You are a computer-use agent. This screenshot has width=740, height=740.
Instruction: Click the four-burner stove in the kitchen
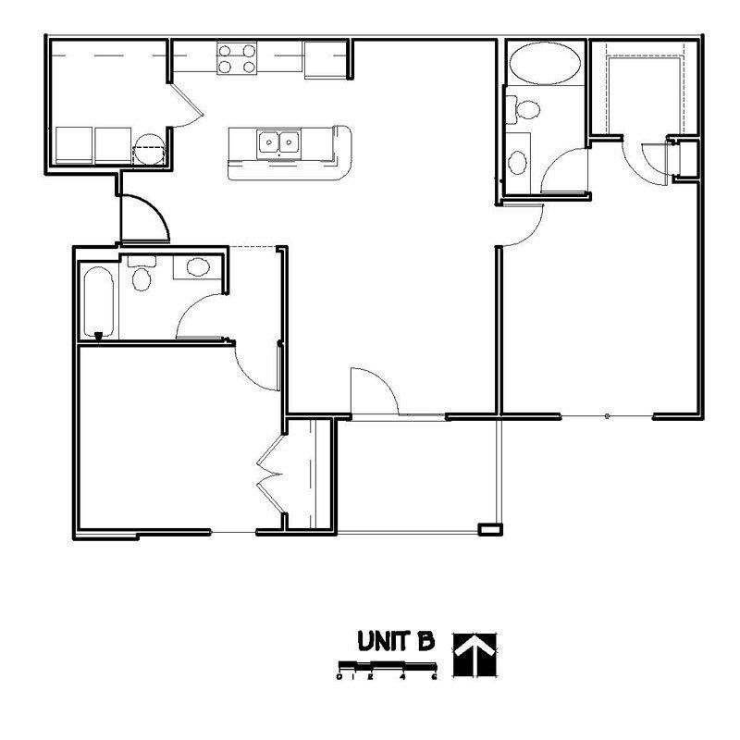coord(237,58)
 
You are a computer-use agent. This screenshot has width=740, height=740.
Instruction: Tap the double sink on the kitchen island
coord(279,143)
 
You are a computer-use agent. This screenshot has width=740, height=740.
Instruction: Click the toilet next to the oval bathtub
coord(525,109)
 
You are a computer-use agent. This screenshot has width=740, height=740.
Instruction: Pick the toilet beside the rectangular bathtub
coord(142,276)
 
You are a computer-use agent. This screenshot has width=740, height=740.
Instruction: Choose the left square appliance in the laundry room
coord(74,146)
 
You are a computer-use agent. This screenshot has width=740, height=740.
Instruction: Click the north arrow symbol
coord(473,654)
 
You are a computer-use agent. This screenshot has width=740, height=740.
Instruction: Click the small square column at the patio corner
coord(487,529)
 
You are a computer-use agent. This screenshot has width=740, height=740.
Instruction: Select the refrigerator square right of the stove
coord(324,58)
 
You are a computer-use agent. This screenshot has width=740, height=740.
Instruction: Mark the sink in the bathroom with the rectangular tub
coord(197,268)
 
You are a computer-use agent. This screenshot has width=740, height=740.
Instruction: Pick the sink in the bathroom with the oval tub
coord(519,161)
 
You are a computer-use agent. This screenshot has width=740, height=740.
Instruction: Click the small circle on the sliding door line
coord(607,417)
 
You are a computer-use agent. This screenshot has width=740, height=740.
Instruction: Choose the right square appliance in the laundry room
coord(114,146)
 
